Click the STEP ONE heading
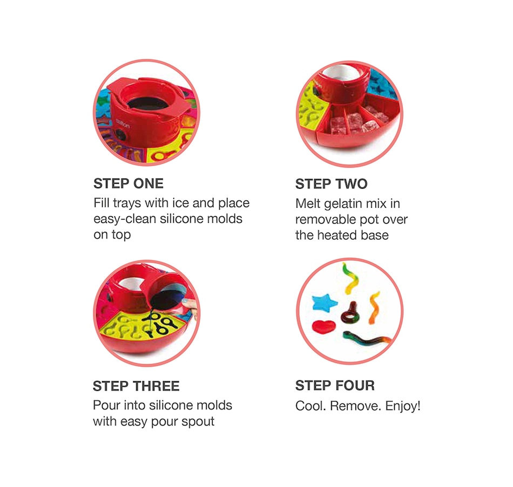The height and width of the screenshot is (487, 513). (129, 184)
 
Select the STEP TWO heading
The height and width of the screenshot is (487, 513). (332, 184)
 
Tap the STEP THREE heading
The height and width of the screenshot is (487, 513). (136, 386)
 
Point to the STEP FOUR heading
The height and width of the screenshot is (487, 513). (335, 386)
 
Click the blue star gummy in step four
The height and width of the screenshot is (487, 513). (324, 303)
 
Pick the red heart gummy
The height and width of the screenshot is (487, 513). (324, 326)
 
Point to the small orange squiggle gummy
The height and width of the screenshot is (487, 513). (374, 307)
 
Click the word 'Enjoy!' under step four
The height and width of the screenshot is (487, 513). (403, 406)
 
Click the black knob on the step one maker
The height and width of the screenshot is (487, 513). (122, 135)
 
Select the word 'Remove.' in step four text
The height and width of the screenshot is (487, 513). (356, 406)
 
